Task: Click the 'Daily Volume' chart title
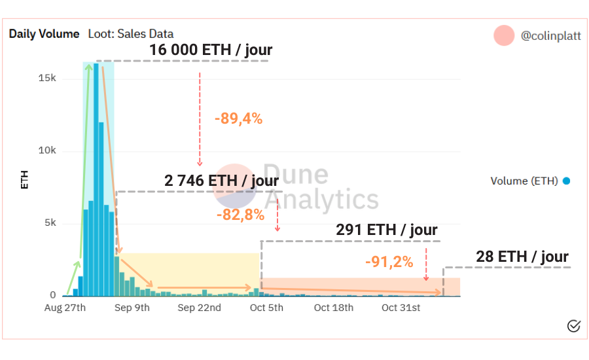coord(44,34)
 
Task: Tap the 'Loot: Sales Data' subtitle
coord(131,34)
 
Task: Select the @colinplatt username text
coord(550,36)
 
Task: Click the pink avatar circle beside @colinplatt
coord(504,35)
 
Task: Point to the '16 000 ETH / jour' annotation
coord(211,50)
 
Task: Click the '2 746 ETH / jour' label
coord(222,180)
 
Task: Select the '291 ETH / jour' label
coord(387,230)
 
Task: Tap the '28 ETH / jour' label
coord(522,257)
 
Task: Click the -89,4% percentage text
coord(238,118)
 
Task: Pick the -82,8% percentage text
coord(240,214)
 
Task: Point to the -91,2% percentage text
coord(389,262)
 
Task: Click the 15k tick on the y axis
coord(47,78)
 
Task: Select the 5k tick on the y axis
coord(50,223)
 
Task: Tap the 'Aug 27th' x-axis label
coord(65,308)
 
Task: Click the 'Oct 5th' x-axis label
coord(266,308)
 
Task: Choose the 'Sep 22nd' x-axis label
coord(199,308)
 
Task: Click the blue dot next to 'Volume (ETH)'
coord(566,181)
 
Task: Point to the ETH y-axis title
coord(25,180)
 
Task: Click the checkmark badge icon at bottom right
coord(574,325)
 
